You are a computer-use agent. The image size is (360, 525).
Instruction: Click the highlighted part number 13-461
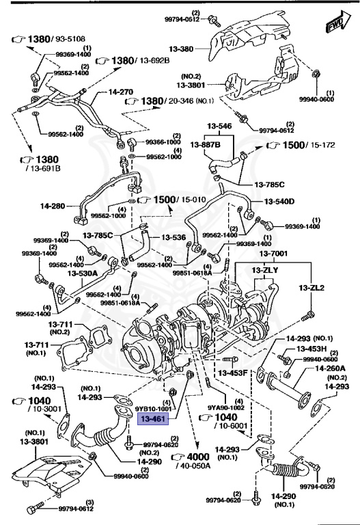point(153,419)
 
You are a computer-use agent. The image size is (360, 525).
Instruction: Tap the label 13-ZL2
point(314,288)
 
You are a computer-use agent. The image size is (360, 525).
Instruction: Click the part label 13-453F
point(233,373)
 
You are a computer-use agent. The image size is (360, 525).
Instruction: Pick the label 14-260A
point(329,368)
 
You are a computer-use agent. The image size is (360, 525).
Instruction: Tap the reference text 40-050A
point(211,466)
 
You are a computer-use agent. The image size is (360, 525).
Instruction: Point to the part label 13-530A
point(82,273)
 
